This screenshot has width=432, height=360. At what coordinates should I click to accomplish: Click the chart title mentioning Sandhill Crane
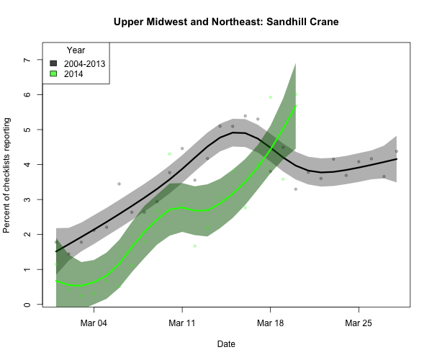click(x=226, y=22)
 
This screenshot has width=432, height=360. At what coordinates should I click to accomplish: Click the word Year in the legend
click(x=76, y=50)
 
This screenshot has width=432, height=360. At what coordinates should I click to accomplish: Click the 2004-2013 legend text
click(x=84, y=63)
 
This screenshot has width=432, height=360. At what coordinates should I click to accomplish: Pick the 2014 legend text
click(x=73, y=74)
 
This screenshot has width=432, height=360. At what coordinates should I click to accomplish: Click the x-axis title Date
click(x=225, y=344)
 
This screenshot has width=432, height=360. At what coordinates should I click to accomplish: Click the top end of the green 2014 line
click(x=296, y=106)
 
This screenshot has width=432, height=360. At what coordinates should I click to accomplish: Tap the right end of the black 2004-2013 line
click(x=397, y=159)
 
